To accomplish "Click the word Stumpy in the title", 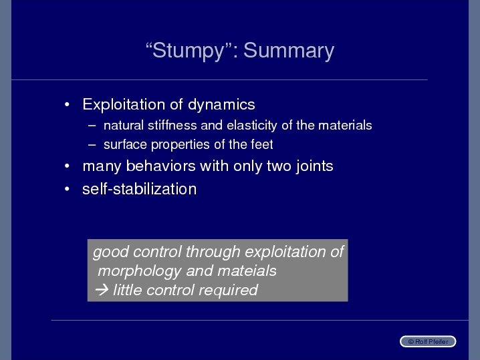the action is pyautogui.click(x=189, y=51).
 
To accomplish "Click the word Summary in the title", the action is pyautogui.click(x=289, y=51).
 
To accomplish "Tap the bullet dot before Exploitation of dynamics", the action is pyautogui.click(x=67, y=105).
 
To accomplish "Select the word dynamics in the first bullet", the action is pyautogui.click(x=221, y=105).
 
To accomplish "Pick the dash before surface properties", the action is pyautogui.click(x=92, y=145).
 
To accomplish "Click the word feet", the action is pyautogui.click(x=262, y=144).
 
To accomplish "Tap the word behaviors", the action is pyautogui.click(x=160, y=166).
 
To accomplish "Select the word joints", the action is pyautogui.click(x=314, y=167).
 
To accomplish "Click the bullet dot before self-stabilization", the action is pyautogui.click(x=67, y=189).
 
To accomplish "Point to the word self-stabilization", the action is pyautogui.click(x=139, y=189).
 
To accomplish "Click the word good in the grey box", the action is pyautogui.click(x=111, y=252).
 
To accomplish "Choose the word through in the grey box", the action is pyautogui.click(x=213, y=252).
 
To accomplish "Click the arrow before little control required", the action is pyautogui.click(x=102, y=290).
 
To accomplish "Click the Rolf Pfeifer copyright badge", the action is pyautogui.click(x=428, y=341).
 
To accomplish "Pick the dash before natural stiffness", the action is pyautogui.click(x=92, y=126).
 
